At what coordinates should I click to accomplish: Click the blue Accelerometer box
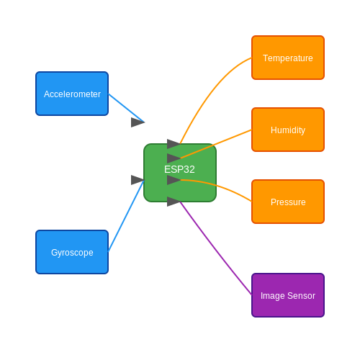click(x=72, y=94)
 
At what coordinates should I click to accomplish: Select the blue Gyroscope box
click(x=72, y=252)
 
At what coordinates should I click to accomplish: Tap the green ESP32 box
click(x=180, y=173)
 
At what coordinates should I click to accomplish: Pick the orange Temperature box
click(x=288, y=58)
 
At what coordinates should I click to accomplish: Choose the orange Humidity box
click(x=288, y=130)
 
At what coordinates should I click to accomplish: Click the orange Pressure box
click(x=288, y=202)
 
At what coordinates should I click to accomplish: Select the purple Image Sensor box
click(x=288, y=295)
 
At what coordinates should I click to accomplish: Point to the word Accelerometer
click(x=72, y=94)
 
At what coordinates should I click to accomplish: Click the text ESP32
click(x=179, y=169)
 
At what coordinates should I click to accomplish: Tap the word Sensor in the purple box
click(x=301, y=296)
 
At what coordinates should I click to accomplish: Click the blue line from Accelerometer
click(x=126, y=108)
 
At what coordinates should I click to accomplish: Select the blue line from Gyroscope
click(x=126, y=215)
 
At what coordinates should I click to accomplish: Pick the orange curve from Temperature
click(x=210, y=92)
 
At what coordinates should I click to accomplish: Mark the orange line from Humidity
click(x=216, y=144)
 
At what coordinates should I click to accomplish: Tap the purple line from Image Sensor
click(x=216, y=248)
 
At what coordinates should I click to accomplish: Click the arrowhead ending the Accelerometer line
click(x=138, y=122)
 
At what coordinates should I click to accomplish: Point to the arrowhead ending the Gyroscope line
click(x=138, y=180)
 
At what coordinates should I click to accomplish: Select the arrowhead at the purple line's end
click(x=174, y=202)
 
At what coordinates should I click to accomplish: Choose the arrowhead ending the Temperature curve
click(x=174, y=144)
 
